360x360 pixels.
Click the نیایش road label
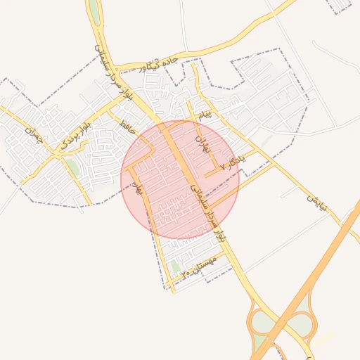pos(316,203)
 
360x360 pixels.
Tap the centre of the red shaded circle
pos(181,179)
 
